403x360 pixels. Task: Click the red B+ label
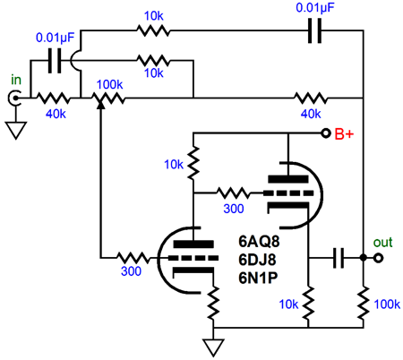click(344, 133)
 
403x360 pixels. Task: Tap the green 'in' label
click(16, 80)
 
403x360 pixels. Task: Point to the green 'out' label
click(382, 242)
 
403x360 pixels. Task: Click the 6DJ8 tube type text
click(257, 260)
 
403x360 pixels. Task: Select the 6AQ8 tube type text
click(259, 242)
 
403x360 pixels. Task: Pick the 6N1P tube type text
click(258, 278)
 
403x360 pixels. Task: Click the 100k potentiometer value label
click(109, 85)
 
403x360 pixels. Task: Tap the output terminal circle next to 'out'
click(378, 258)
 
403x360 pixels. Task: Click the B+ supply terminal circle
click(326, 133)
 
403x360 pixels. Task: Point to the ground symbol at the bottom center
click(213, 347)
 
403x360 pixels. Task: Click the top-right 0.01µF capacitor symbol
click(314, 30)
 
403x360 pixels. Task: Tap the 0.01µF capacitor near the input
click(55, 61)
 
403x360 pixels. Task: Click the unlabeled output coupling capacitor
click(339, 258)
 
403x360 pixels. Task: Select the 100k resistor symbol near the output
click(363, 304)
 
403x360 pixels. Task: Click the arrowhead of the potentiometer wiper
click(101, 105)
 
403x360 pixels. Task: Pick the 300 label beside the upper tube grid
click(234, 209)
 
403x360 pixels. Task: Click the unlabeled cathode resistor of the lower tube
click(213, 303)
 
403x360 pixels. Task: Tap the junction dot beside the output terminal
click(363, 258)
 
